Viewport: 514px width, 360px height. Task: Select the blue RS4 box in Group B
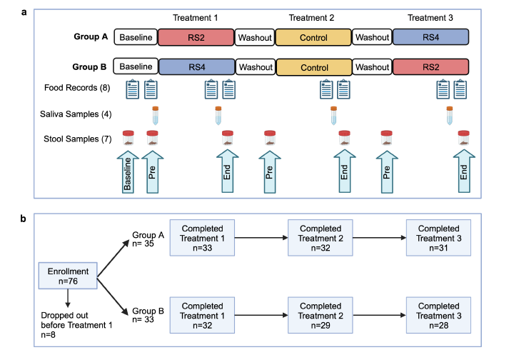coord(197,67)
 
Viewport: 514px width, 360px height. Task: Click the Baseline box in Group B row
coord(136,67)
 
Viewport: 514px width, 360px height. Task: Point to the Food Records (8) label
coord(83,88)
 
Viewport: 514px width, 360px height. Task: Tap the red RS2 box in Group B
coord(430,67)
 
